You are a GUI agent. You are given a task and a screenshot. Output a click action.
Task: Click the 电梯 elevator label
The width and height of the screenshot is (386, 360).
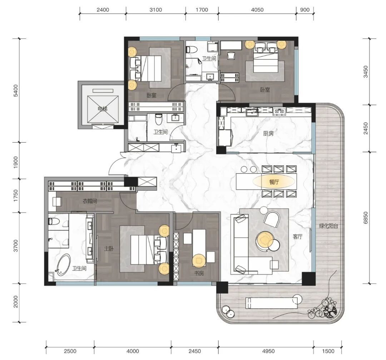(103, 109)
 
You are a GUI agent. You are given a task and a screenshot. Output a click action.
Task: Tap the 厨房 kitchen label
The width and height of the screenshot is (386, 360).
(268, 133)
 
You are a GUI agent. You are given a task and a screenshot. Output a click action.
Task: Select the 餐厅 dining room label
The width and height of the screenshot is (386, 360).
(274, 182)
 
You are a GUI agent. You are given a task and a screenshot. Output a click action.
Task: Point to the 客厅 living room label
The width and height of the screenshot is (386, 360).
(297, 237)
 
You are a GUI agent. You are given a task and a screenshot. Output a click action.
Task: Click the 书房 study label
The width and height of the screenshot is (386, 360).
(199, 273)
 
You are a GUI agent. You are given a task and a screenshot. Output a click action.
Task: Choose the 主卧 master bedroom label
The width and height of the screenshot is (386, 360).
(109, 249)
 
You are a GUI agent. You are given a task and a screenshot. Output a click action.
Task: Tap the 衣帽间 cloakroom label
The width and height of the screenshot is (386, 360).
(90, 201)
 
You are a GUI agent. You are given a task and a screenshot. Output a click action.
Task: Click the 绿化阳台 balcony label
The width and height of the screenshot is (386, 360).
(328, 226)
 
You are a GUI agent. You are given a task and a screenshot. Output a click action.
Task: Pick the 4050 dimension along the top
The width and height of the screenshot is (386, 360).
(257, 10)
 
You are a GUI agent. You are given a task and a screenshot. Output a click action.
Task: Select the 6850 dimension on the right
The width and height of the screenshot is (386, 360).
(366, 218)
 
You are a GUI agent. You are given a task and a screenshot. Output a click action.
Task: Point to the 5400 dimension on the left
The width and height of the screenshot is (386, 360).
(15, 91)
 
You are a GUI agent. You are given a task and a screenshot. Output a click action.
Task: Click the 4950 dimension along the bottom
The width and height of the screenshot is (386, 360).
(268, 351)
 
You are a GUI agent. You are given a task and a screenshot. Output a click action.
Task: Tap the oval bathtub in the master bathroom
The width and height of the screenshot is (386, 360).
(63, 265)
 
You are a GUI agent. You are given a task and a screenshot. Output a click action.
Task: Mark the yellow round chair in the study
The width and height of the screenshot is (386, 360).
(199, 261)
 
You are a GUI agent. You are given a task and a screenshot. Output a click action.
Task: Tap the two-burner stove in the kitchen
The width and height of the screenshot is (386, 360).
(279, 111)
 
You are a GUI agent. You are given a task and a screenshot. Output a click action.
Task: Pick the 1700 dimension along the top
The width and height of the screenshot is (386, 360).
(202, 10)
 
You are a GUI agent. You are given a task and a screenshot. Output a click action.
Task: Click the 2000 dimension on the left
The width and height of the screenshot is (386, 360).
(15, 302)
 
